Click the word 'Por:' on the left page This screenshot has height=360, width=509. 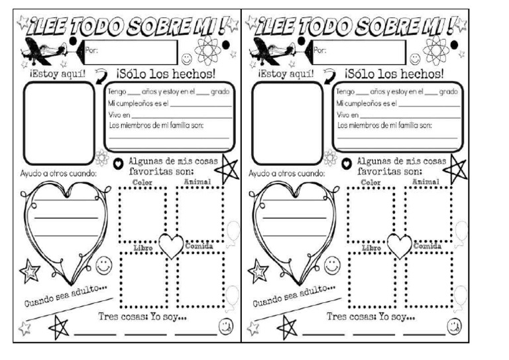click(x=91, y=50)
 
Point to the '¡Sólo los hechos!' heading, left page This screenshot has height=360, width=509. click(x=165, y=72)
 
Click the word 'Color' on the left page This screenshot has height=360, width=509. click(x=142, y=182)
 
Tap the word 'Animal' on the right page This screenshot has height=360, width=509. click(x=426, y=182)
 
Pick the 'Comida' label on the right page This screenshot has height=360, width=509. click(x=427, y=246)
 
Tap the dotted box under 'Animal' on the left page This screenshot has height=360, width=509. click(x=199, y=213)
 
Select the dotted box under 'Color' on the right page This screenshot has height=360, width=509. click(x=371, y=213)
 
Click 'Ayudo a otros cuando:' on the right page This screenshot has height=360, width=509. click(x=286, y=173)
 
